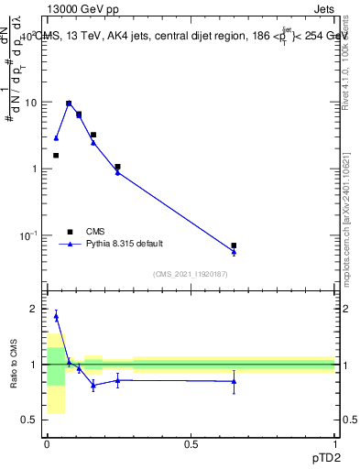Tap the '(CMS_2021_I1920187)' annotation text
click(x=190, y=273)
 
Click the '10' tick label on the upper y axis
click(x=29, y=103)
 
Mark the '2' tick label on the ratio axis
click(x=34, y=309)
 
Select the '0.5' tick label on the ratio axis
click(x=29, y=420)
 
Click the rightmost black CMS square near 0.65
click(x=234, y=245)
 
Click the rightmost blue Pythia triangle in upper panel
click(x=234, y=252)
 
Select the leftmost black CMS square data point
click(x=56, y=156)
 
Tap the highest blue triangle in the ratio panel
click(x=56, y=316)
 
